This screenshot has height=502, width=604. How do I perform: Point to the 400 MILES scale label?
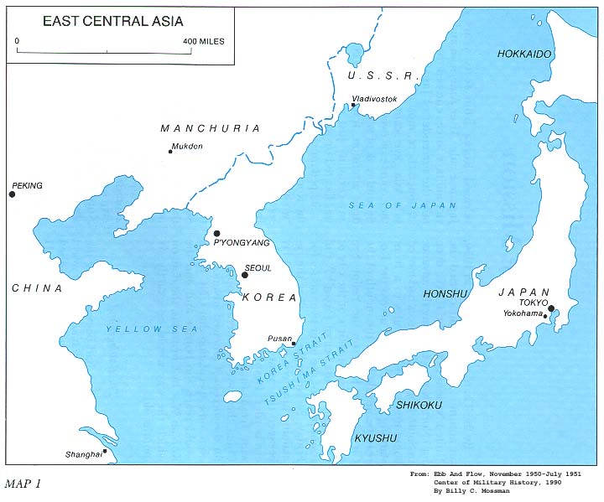(x=204, y=41)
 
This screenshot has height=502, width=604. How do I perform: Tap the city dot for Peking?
(x=12, y=194)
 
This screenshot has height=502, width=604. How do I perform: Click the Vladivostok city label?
(x=374, y=98)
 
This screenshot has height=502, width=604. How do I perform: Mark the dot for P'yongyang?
(x=216, y=234)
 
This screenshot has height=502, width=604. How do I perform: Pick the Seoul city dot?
(x=245, y=274)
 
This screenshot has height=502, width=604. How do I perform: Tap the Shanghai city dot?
(x=105, y=451)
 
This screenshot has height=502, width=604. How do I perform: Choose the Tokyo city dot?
(x=551, y=308)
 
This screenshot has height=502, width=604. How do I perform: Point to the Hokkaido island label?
(x=524, y=54)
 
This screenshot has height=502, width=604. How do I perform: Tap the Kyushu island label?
(x=375, y=438)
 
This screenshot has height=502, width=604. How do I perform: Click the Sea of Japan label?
(x=403, y=205)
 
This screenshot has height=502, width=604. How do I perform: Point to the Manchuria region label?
(x=210, y=128)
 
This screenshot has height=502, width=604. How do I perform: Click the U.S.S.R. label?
(x=383, y=76)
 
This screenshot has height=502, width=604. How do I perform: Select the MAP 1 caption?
(x=23, y=484)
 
